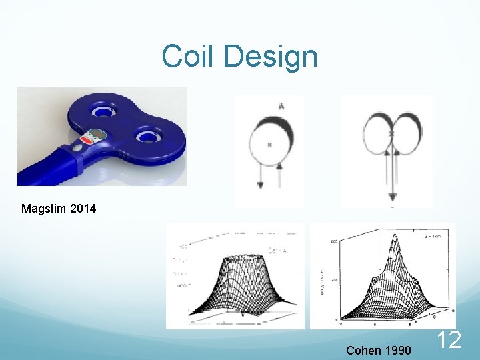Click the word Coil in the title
(189, 56)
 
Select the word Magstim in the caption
(45, 209)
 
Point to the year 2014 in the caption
(83, 209)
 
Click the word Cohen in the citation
(364, 350)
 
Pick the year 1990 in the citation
(398, 350)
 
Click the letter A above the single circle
(281, 106)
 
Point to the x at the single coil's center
(269, 145)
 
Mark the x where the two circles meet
(391, 135)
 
